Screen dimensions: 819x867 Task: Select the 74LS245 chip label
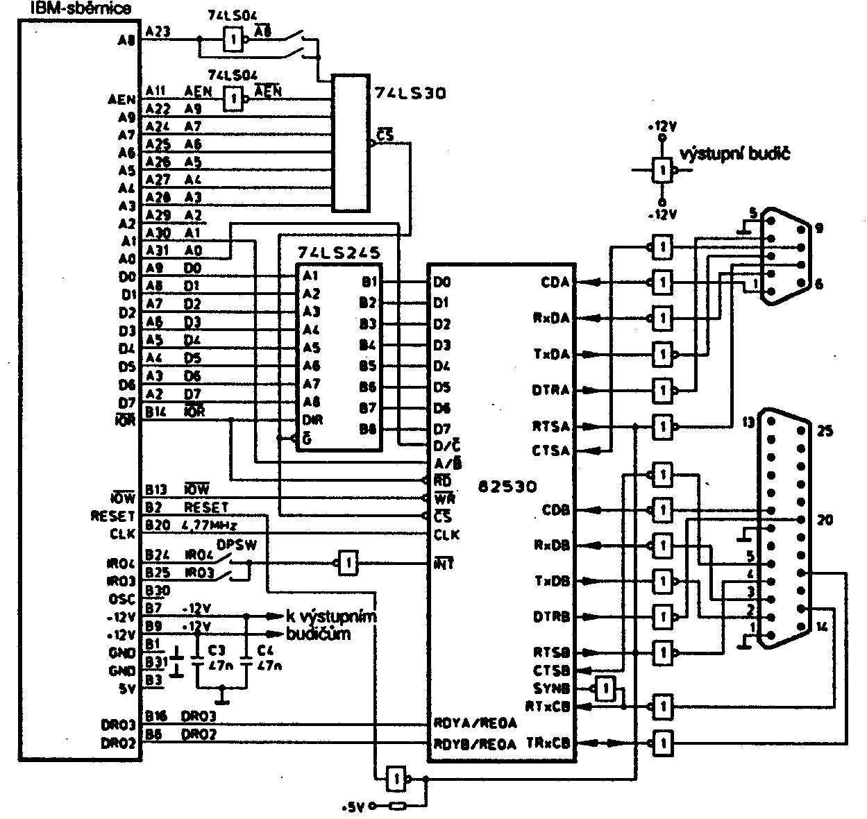338,251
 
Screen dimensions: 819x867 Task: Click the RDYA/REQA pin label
475,723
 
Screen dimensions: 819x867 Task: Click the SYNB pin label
552,689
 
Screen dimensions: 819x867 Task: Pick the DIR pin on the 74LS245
312,420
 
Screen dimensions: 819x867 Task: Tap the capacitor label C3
217,650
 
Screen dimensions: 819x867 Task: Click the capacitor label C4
264,650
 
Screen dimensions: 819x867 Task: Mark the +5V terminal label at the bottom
354,808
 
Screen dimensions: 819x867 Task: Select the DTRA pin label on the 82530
551,390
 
